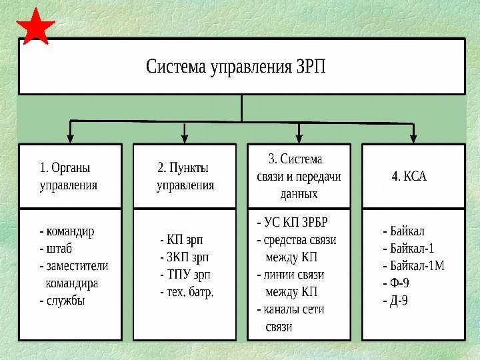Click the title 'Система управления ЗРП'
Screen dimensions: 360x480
[x=236, y=67]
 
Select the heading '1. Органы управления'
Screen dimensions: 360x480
[x=69, y=176]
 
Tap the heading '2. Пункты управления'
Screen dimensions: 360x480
[x=185, y=176]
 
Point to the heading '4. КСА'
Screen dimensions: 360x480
[x=409, y=177]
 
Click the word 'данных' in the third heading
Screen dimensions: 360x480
[x=299, y=194]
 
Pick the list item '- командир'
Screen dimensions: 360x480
[x=67, y=232]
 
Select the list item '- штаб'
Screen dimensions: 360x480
[x=56, y=249]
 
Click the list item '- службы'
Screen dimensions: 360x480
[x=62, y=301]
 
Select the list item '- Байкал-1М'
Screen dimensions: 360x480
[x=413, y=266]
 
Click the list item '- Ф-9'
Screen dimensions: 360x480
[x=395, y=283]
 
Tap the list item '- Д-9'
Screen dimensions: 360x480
[x=395, y=301]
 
